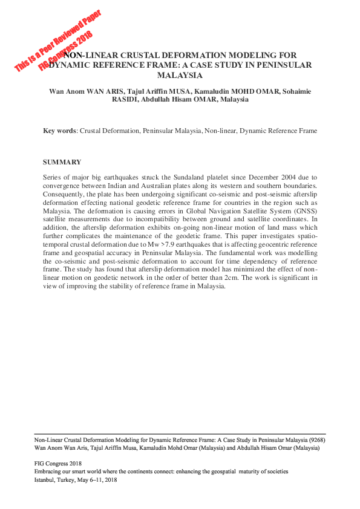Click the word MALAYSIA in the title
[180, 76]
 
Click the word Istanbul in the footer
[46, 479]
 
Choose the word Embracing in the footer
[48, 472]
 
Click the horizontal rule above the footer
[180, 433]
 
